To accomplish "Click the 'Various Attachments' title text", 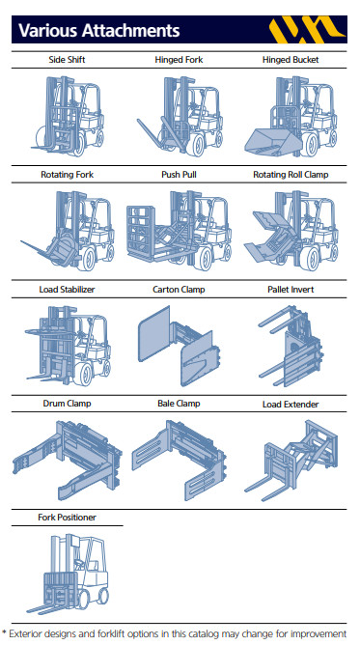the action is pos(99,31).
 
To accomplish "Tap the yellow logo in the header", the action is pos(306,30).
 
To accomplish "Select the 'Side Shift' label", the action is pos(67,60).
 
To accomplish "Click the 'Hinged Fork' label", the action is pos(179,60).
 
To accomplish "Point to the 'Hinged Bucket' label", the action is pos(291,60).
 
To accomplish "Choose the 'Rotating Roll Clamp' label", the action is pos(291,175).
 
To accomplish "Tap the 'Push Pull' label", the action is pos(179,175).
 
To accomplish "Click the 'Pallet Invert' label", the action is pos(291,289).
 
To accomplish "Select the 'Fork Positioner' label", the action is pos(67,518).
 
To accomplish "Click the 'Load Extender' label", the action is pos(291,405).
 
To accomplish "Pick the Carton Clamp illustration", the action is pos(179,346).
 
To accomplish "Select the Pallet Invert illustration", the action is pos(291,346).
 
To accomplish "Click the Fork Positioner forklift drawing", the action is pos(68,574).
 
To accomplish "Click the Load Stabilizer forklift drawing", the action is pos(68,346).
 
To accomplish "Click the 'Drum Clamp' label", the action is pos(67,404).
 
